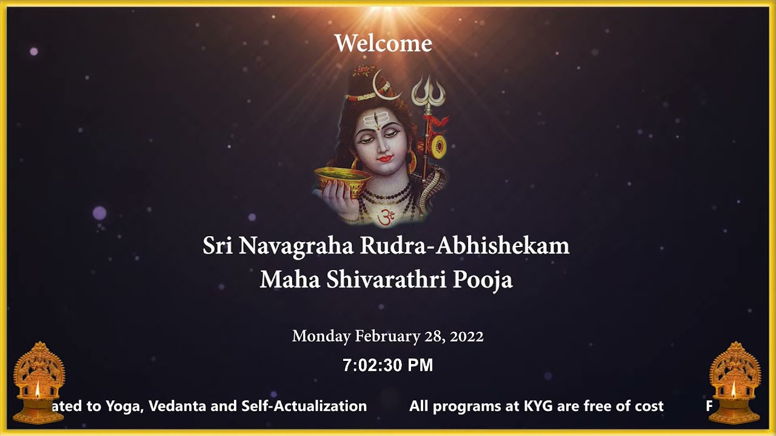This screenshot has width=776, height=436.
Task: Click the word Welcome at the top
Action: coord(383,44)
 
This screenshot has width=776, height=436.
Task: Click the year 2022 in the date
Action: coord(467,336)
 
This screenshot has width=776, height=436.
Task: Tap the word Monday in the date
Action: coord(321,336)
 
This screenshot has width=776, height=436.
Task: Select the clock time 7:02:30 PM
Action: coord(388,365)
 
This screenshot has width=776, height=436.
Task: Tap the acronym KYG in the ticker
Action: coord(538,406)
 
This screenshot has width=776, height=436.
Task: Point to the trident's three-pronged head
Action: coord(428,91)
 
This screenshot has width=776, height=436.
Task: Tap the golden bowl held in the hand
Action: coord(341,179)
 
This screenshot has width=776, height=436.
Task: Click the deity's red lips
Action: coord(385,159)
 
